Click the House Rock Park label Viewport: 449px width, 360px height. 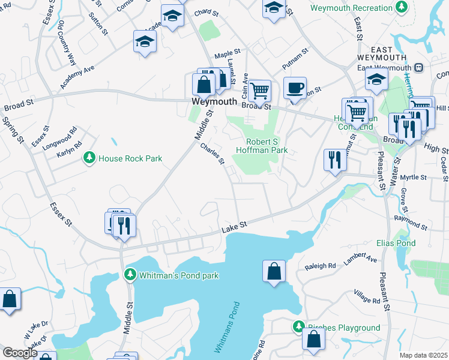[x=130, y=158]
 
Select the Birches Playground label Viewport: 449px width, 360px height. [x=343, y=328]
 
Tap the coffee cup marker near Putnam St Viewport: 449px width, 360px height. [x=295, y=88]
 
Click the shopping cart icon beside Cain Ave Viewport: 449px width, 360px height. [x=260, y=91]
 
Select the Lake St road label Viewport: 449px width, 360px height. [x=234, y=226]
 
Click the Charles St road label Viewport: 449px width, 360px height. [x=212, y=153]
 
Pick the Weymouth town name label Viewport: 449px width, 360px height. [x=214, y=102]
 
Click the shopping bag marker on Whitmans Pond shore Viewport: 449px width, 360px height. [x=274, y=271]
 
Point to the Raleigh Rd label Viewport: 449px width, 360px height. [x=320, y=266]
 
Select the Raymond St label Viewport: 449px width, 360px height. [x=411, y=224]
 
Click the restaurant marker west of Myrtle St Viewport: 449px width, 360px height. [x=334, y=160]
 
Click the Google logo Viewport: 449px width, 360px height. [x=20, y=353]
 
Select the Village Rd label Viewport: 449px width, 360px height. [x=367, y=296]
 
